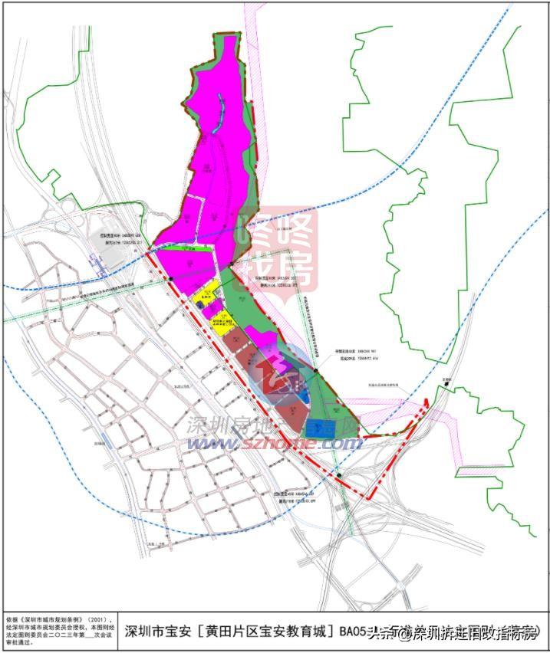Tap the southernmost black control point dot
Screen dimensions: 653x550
[338, 476]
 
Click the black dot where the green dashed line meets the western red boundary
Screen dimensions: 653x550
[172, 278]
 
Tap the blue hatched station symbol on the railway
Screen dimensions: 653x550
[99, 264]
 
